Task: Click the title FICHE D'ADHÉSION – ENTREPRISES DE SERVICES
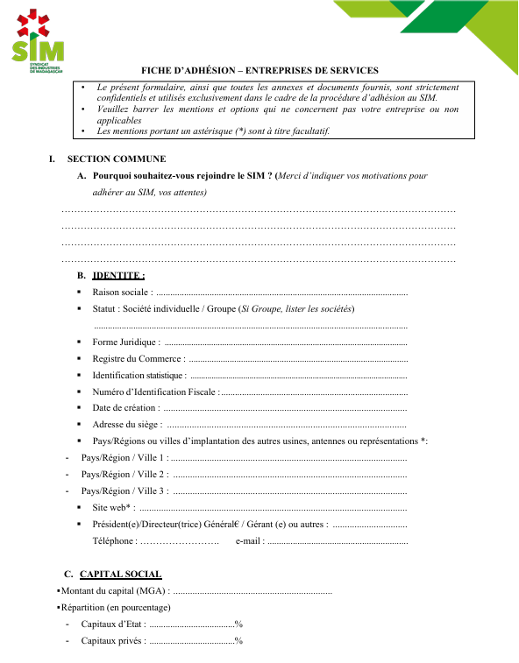pos(259,70)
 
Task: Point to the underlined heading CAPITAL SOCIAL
pos(120,574)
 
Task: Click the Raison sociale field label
pos(122,292)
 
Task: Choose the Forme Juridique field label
pos(125,342)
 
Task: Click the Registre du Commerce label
pos(138,358)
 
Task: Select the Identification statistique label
pos(139,375)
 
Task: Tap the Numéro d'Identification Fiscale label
pos(154,391)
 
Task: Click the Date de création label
pos(125,407)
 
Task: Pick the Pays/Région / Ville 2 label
pos(124,474)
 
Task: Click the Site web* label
pos(113,507)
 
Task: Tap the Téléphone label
pos(114,540)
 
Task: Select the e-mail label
pos(250,540)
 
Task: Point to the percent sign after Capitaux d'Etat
pos(238,624)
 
